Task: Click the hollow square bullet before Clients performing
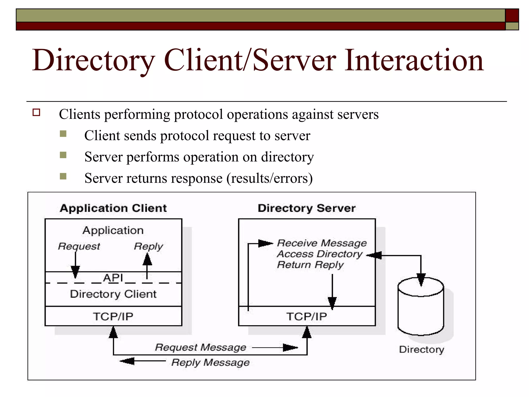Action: point(36,113)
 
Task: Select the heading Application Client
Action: point(113,208)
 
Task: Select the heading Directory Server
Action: point(307,208)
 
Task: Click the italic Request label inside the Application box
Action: point(79,246)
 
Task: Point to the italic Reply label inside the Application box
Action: point(149,246)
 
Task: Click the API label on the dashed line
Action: point(113,278)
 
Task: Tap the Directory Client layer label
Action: point(113,294)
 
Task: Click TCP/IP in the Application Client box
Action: point(113,317)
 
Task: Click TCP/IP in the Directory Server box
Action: point(307,317)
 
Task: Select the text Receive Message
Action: point(322,243)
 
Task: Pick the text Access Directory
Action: point(320,254)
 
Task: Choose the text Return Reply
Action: point(310,265)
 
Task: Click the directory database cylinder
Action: point(421,310)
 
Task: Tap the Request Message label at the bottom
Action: point(200,347)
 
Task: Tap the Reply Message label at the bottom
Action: point(211,362)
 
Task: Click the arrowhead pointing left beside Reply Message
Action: point(127,361)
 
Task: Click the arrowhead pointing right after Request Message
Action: point(290,348)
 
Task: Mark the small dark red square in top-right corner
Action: point(512,15)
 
